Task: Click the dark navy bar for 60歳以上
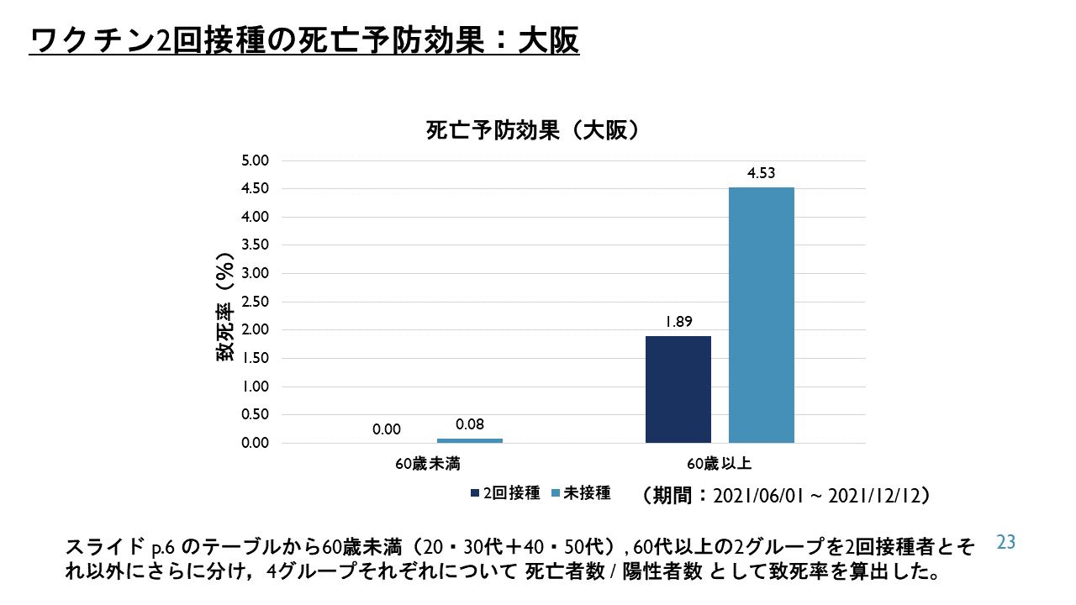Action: pos(678,389)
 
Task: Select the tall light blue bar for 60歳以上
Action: pos(761,315)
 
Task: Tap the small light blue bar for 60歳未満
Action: pos(469,440)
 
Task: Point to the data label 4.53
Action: pos(761,174)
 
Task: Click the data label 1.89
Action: pos(678,322)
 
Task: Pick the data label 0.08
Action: pos(469,425)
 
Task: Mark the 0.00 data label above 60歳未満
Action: pos(387,429)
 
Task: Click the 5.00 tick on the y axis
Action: pos(254,160)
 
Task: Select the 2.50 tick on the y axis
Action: pos(254,302)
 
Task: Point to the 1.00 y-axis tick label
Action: pos(254,387)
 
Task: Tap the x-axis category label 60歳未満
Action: pos(429,463)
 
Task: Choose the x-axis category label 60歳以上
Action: pos(719,463)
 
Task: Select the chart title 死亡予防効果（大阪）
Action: pos(535,131)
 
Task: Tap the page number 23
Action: pos(1006,543)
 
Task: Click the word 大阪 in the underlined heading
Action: pos(555,40)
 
